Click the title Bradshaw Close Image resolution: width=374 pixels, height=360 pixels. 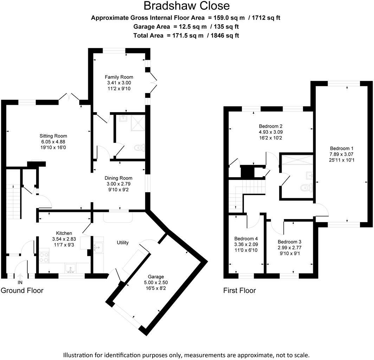(187, 6)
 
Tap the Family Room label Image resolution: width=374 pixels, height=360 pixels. (119, 77)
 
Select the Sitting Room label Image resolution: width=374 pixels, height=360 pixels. (53, 136)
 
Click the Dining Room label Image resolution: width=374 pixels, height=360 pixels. (119, 178)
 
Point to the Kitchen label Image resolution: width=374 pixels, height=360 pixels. (64, 233)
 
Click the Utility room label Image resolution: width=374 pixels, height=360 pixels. (123, 243)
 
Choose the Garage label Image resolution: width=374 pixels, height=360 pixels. (156, 277)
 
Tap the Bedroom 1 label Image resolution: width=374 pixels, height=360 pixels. (340, 148)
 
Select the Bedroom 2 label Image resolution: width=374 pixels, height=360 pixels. (271, 126)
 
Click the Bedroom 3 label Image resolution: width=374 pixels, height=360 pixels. (289, 242)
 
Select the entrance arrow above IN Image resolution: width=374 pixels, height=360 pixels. (20, 276)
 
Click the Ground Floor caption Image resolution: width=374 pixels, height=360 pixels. (22, 290)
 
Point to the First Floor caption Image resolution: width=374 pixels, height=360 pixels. (239, 290)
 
